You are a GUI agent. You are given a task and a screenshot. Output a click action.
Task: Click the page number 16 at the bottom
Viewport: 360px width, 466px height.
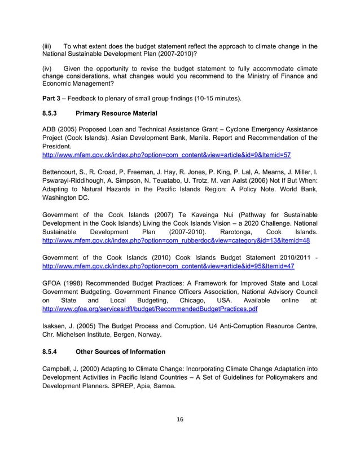[x=180, y=419]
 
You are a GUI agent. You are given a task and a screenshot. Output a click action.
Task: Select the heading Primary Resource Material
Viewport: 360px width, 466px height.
[x=116, y=113]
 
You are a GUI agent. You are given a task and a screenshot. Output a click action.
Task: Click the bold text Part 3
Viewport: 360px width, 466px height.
[x=53, y=98]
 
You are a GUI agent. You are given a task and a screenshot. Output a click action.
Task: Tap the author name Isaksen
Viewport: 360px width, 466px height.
[x=57, y=326]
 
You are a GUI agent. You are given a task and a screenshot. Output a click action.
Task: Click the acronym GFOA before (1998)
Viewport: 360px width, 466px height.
[x=54, y=283]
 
